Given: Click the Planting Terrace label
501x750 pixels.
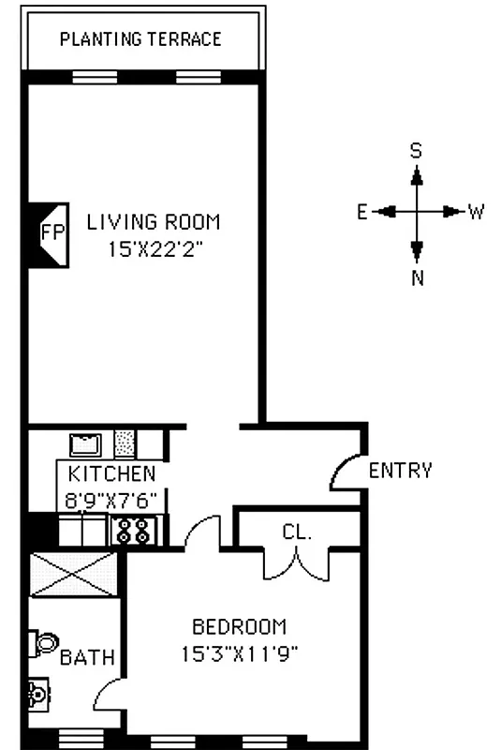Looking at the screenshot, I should (x=140, y=39).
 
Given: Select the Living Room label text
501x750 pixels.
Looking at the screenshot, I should (x=154, y=222).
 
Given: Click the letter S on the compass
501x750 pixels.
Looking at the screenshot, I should (x=417, y=150).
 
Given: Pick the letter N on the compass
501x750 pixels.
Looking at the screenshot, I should (x=418, y=277).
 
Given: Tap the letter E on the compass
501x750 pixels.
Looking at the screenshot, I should (x=361, y=212).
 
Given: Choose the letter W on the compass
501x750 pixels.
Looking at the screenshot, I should (x=476, y=212).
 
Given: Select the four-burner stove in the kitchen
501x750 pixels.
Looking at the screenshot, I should (x=131, y=531).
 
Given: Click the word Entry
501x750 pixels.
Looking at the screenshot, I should (x=401, y=471).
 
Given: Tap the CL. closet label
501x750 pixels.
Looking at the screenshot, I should (x=296, y=532).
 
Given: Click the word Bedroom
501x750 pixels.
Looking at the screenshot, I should (x=239, y=626).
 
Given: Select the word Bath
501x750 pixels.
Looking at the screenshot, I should (x=88, y=657).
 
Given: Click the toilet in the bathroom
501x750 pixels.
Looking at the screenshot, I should (x=43, y=644).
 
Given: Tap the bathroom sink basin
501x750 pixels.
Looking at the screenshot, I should (x=37, y=695).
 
